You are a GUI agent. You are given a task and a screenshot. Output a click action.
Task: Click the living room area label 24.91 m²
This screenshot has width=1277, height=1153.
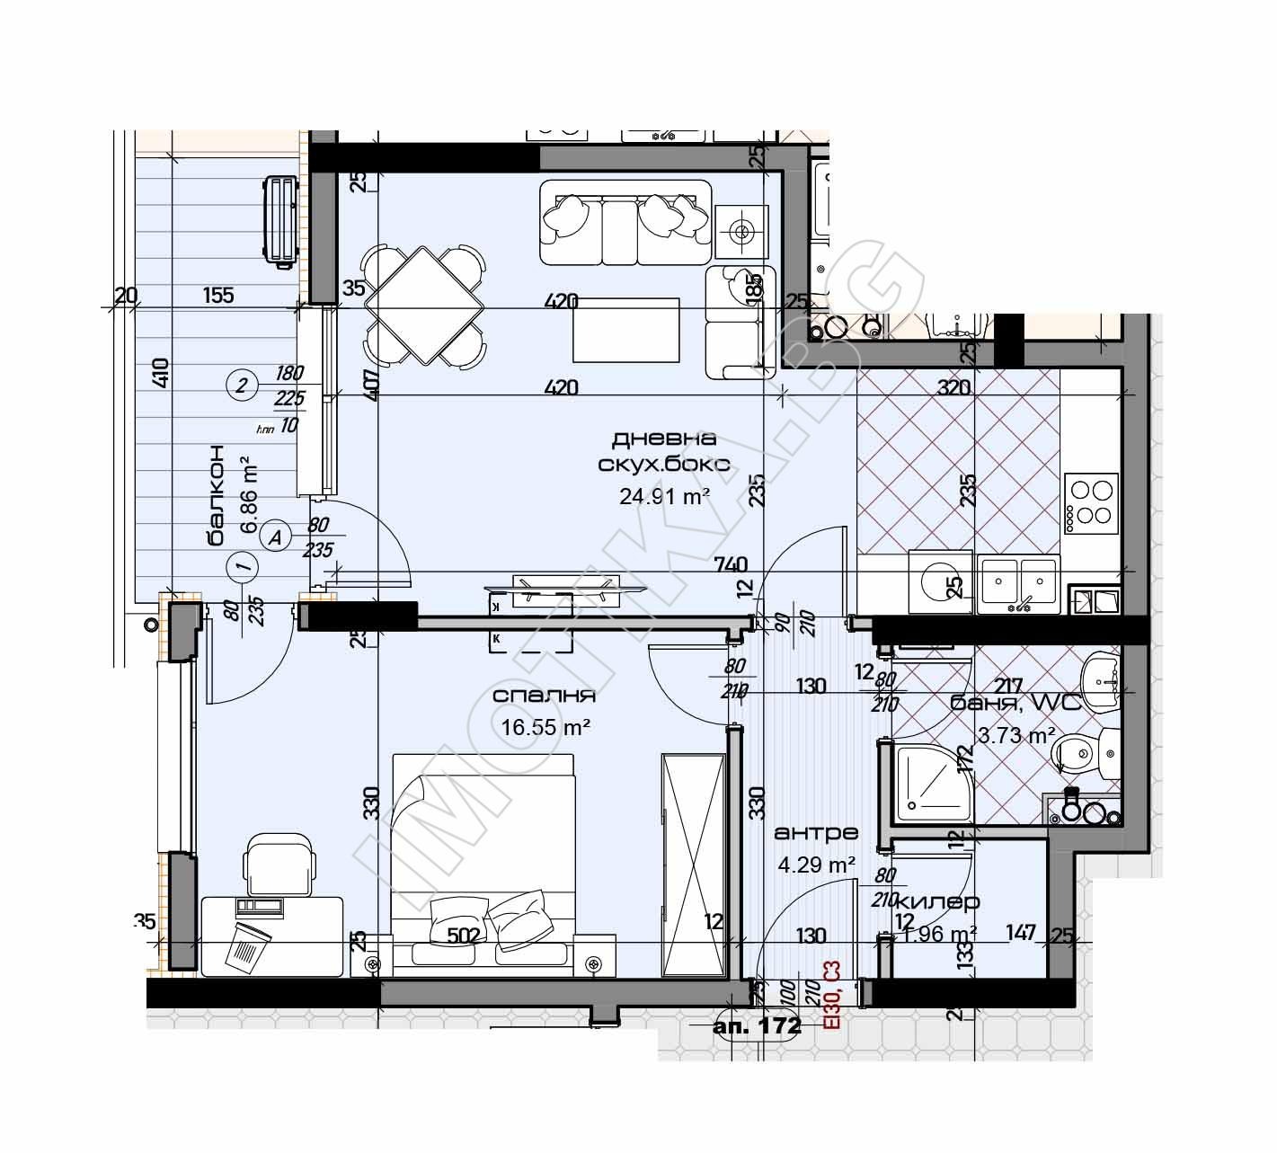[665, 495]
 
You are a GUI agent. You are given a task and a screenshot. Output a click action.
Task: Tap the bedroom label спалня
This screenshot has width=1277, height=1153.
[545, 696]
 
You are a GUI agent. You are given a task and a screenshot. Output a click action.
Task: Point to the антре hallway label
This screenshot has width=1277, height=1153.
[816, 833]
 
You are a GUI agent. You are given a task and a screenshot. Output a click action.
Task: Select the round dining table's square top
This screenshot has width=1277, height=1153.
[424, 305]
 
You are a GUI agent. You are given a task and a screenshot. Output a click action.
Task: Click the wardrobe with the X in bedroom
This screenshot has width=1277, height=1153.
[693, 865]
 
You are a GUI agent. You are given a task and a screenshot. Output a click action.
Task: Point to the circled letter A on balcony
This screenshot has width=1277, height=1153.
[275, 537]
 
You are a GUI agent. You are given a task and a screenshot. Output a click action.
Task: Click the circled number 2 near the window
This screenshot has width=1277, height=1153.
[240, 386]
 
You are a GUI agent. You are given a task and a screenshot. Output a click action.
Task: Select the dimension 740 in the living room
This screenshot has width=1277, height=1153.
[732, 564]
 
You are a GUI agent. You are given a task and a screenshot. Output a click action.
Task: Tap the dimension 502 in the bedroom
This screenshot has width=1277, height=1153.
[463, 936]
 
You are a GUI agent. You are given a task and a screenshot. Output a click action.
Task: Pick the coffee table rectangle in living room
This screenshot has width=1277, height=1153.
[625, 330]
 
